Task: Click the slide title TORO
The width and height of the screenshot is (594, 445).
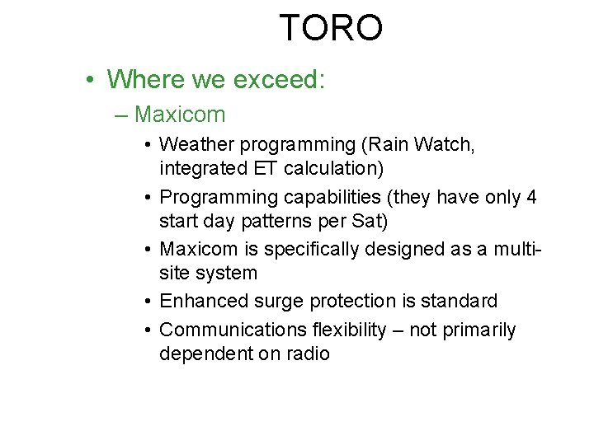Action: pyautogui.click(x=331, y=27)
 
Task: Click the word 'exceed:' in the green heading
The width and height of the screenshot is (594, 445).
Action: pyautogui.click(x=280, y=79)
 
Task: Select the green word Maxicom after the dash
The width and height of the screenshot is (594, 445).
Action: pyautogui.click(x=179, y=113)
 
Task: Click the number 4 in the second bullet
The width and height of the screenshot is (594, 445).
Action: pyautogui.click(x=532, y=198)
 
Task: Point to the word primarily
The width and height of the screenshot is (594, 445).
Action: pyautogui.click(x=477, y=330)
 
